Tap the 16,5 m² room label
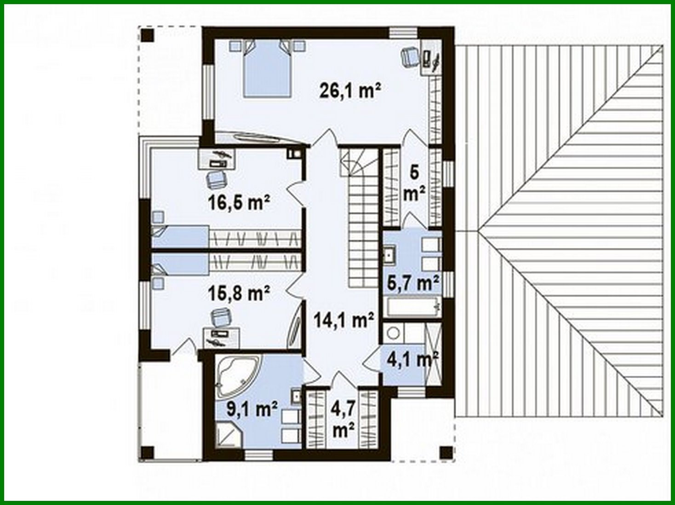click(238, 203)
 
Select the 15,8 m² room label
click(238, 293)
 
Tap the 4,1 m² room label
click(412, 359)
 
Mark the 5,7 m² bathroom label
click(412, 282)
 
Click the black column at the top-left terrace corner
click(148, 35)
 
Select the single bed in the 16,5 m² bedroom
click(180, 236)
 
